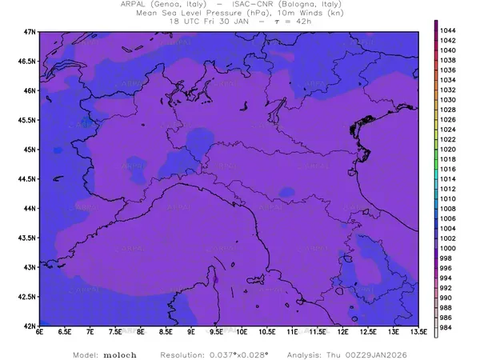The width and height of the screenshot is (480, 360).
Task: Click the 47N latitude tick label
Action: (x=29, y=31)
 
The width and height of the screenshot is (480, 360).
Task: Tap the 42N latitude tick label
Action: (x=29, y=326)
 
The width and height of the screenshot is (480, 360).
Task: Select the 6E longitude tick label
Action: (x=39, y=333)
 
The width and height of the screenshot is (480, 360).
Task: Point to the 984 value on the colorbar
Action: (x=446, y=328)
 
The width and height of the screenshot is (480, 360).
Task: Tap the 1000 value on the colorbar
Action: (x=448, y=249)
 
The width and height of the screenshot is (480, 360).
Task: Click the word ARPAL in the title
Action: (x=134, y=4)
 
